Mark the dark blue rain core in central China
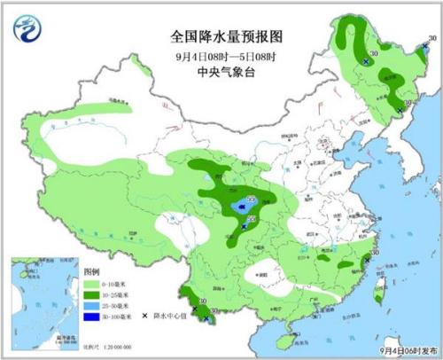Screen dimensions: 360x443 [x=240, y=208]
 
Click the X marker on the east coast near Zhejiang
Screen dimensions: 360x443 [x=367, y=260]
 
